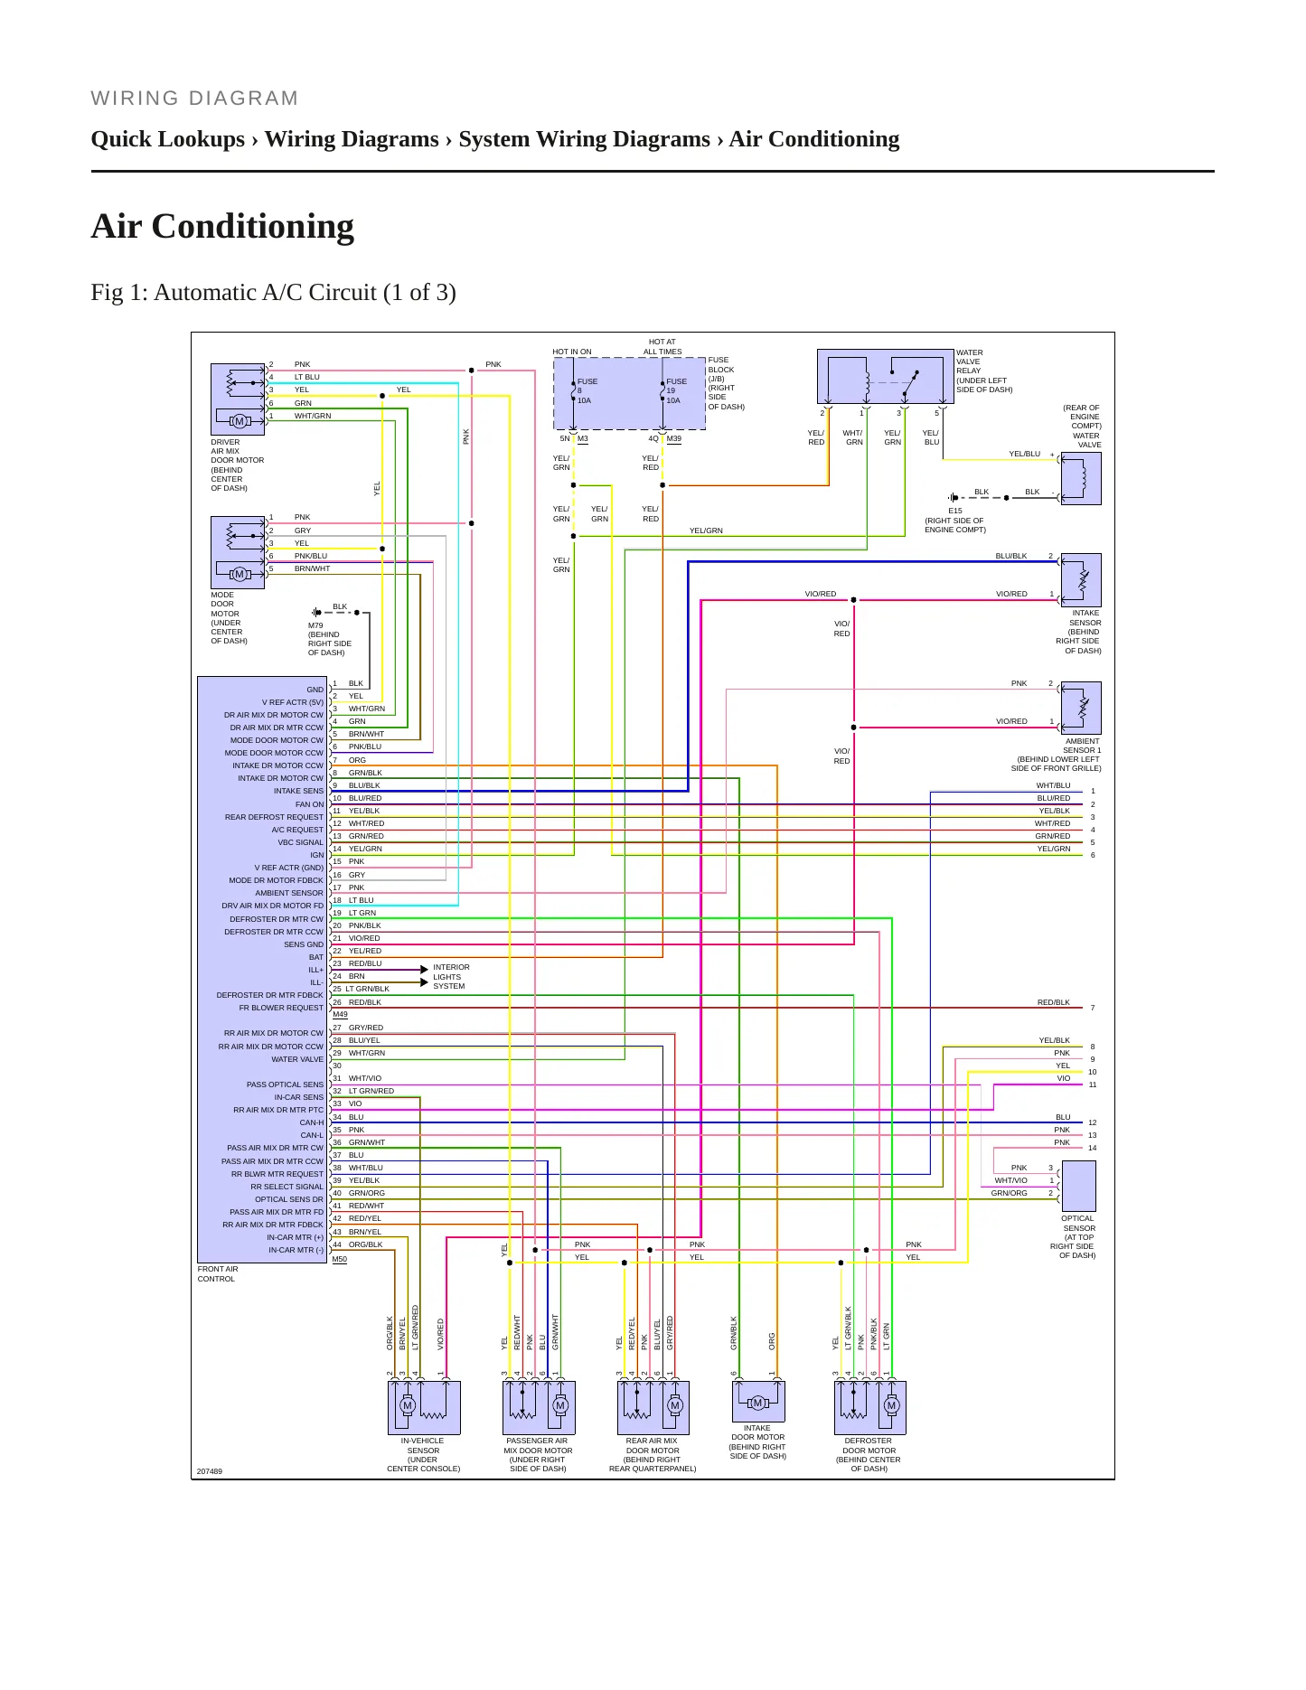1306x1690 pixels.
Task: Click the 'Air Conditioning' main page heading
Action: click(x=222, y=226)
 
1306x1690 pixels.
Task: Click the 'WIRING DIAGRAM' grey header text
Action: click(x=194, y=99)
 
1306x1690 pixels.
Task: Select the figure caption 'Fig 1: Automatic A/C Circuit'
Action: click(x=273, y=293)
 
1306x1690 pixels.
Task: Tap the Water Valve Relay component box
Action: click(x=886, y=376)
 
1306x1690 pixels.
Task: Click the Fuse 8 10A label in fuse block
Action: click(x=587, y=390)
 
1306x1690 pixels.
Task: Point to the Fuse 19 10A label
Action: click(x=676, y=390)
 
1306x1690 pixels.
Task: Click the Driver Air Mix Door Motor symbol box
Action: click(x=238, y=399)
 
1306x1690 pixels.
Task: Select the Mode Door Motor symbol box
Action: click(x=238, y=552)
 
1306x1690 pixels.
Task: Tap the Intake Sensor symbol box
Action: click(x=1081, y=579)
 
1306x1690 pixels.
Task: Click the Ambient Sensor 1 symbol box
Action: click(x=1081, y=708)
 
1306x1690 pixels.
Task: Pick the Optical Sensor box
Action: click(x=1078, y=1186)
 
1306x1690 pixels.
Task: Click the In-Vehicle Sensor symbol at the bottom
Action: click(x=424, y=1407)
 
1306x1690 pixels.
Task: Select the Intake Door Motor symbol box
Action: click(x=758, y=1401)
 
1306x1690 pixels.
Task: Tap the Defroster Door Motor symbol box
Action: click(x=869, y=1407)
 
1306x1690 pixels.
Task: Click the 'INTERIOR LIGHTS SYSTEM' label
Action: click(x=451, y=977)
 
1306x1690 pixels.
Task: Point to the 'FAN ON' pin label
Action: click(x=309, y=804)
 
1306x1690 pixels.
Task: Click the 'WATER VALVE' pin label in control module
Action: click(x=297, y=1059)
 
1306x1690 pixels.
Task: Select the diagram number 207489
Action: click(x=210, y=1471)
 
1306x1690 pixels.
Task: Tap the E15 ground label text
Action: click(x=955, y=511)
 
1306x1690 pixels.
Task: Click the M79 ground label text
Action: click(x=315, y=625)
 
